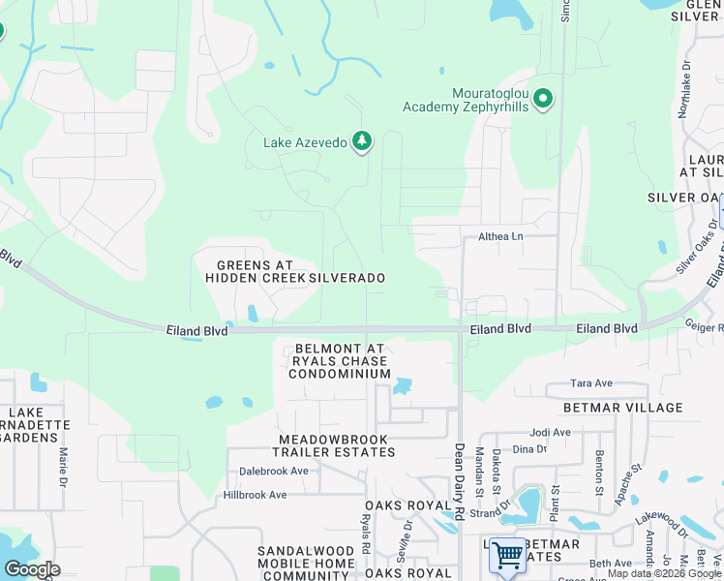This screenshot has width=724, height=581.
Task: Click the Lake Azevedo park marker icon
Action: click(362, 142)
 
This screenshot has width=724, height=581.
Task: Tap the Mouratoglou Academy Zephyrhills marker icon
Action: click(544, 99)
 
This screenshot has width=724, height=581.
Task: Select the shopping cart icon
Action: click(507, 556)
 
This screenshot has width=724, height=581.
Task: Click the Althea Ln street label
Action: click(500, 236)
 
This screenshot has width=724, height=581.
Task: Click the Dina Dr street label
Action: click(529, 448)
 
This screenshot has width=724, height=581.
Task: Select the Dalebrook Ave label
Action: click(274, 472)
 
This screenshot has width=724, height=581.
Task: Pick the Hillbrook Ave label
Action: click(256, 495)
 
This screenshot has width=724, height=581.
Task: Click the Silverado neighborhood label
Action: click(347, 278)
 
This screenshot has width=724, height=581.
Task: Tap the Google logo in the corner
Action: click(32, 569)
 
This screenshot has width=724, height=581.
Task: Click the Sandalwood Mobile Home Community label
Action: click(306, 563)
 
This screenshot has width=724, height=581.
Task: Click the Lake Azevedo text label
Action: click(304, 142)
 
